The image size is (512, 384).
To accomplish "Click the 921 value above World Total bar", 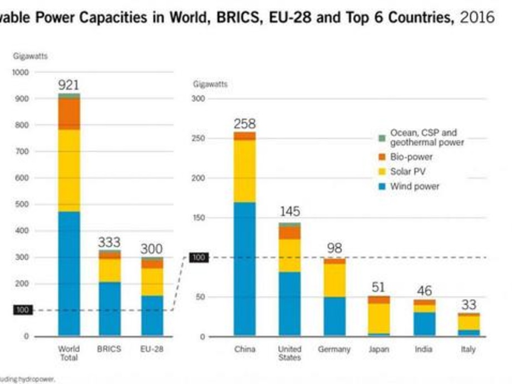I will [x=69, y=85].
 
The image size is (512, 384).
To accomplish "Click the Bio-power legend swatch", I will [x=382, y=157].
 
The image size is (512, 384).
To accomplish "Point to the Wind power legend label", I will [x=415, y=186].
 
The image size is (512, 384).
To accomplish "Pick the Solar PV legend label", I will [x=408, y=171].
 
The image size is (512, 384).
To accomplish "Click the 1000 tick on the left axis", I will [x=20, y=72].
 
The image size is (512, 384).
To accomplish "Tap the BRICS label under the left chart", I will [x=109, y=349].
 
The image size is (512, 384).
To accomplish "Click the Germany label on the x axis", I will [x=334, y=349].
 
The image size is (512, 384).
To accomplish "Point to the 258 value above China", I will [x=244, y=124].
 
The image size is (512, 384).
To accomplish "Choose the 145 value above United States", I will [x=289, y=211].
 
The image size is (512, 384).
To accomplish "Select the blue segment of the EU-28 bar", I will [x=152, y=315].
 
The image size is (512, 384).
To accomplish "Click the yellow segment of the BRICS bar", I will [x=109, y=270].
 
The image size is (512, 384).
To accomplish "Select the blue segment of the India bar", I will [x=424, y=324].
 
